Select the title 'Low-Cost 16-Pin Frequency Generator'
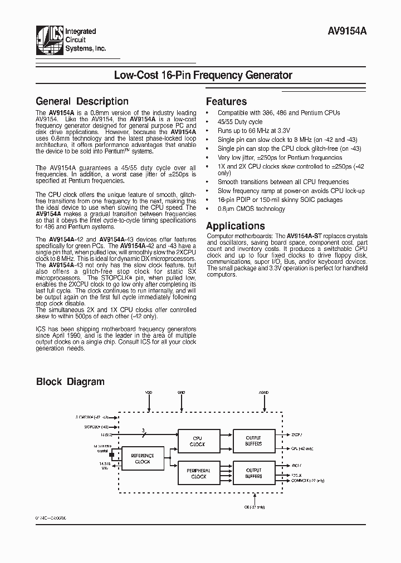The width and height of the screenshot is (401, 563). tap(203, 75)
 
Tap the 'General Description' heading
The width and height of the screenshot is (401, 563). tap(82, 101)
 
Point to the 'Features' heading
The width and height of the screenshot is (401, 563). tap(226, 101)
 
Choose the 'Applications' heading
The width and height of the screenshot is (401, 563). tap(235, 226)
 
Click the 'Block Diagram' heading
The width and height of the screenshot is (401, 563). tap(70, 382)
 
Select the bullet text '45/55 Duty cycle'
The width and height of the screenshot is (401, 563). tap(239, 122)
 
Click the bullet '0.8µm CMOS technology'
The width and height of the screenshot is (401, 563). tap(251, 209)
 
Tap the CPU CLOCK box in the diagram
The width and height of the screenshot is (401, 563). tap(198, 441)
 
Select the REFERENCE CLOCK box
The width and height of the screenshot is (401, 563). tap(142, 458)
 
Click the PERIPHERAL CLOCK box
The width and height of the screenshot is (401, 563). tap(198, 473)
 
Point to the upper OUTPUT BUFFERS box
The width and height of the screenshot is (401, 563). tap(253, 441)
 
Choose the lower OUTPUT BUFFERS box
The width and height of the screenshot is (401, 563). tap(253, 473)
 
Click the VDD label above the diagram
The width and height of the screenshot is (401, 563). tap(149, 393)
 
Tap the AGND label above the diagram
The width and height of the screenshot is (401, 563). tap(263, 393)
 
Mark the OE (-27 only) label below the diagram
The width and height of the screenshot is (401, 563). tap(255, 507)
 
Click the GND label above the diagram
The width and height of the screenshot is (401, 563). tap(181, 393)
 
